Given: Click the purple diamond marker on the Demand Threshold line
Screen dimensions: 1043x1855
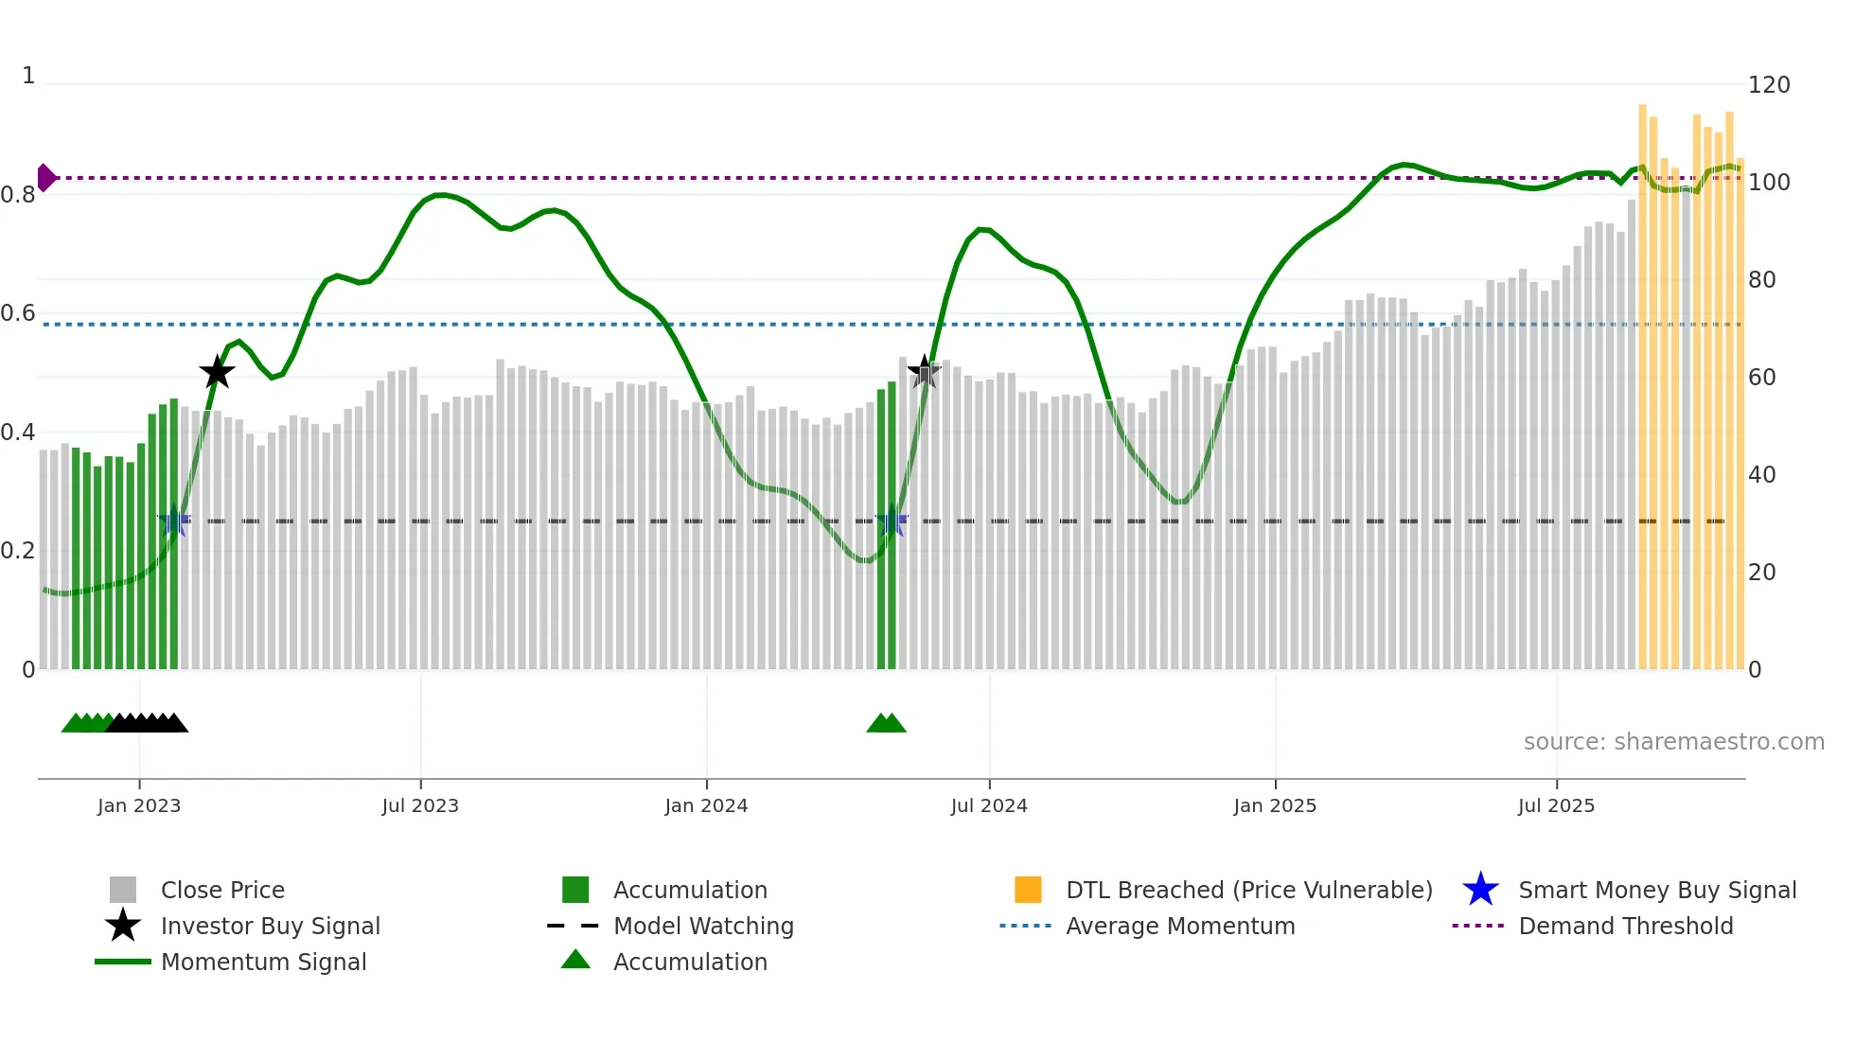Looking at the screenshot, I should (x=45, y=177).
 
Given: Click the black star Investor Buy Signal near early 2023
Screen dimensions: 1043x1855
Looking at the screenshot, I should (x=217, y=372).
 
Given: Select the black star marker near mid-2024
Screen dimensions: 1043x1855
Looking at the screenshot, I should (x=924, y=371).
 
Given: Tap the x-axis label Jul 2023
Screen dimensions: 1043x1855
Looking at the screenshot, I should (x=420, y=805).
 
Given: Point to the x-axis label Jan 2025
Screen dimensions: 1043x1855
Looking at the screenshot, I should (x=1275, y=805).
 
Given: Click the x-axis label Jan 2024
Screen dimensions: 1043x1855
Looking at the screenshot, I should (x=706, y=805).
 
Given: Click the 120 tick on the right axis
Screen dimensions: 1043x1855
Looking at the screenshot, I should (x=1769, y=85).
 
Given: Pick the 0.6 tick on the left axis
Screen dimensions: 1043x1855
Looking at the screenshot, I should (x=18, y=313).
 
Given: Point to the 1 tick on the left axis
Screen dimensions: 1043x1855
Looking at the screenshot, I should (x=28, y=76).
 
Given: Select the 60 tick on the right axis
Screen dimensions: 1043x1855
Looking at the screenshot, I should (x=1762, y=378).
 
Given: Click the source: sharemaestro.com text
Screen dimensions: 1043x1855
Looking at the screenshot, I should (x=1673, y=742).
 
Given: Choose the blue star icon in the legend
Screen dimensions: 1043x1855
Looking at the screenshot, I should (x=1480, y=890).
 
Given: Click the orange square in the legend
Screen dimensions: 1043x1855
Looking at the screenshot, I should (x=1028, y=890).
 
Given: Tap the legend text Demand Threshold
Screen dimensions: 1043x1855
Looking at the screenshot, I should (x=1625, y=926).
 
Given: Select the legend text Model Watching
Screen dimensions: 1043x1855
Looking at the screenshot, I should (x=703, y=926).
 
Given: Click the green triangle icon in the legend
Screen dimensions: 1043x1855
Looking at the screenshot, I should (x=575, y=960).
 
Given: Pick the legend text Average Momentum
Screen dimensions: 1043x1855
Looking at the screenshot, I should (x=1180, y=926).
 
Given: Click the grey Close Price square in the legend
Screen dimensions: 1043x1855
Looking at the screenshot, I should (x=123, y=890).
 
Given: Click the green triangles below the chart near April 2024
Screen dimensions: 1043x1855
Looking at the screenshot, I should (x=886, y=723).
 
